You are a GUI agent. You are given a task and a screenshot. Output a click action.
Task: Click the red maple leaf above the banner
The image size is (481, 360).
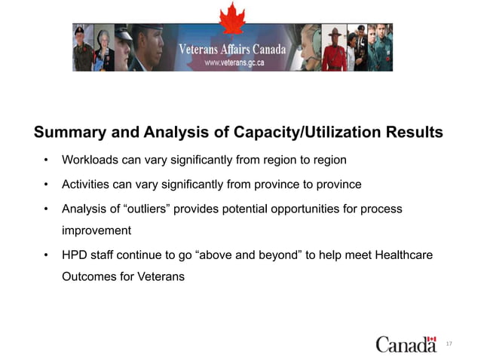[233, 17]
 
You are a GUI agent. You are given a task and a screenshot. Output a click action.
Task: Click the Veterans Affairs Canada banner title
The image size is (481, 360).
[232, 50]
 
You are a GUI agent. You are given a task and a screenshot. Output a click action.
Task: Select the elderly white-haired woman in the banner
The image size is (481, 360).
[103, 48]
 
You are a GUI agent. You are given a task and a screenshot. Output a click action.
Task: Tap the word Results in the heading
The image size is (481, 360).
[414, 133]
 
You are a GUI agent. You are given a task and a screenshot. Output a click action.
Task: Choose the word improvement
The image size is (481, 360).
[97, 230]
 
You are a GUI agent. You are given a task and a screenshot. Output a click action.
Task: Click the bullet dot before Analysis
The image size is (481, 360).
[46, 209]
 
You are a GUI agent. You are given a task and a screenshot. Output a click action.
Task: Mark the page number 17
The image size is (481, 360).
[449, 343]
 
